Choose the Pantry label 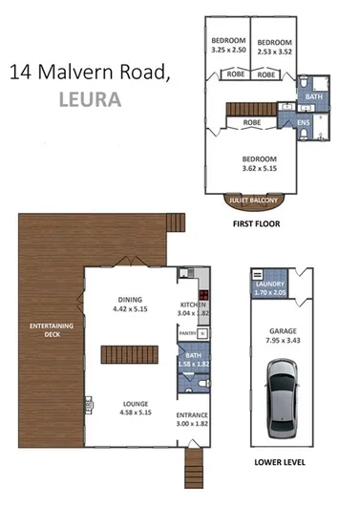189,334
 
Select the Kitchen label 195,300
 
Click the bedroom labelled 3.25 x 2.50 227,48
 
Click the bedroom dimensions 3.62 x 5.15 259,170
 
